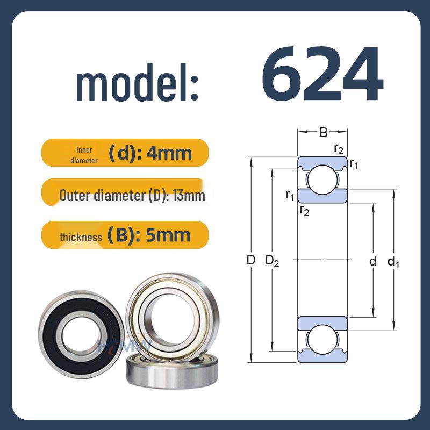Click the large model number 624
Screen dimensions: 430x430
pyautogui.click(x=322, y=73)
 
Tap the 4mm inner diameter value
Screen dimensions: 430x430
pyautogui.click(x=169, y=153)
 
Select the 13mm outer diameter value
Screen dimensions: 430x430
pyautogui.click(x=189, y=196)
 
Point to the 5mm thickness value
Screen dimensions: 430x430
pyautogui.click(x=168, y=235)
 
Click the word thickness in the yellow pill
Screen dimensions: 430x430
pyautogui.click(x=81, y=237)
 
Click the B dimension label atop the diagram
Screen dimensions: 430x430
pyautogui.click(x=324, y=132)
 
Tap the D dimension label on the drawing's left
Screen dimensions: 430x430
pyautogui.click(x=251, y=260)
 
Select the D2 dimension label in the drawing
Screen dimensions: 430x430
pyautogui.click(x=272, y=261)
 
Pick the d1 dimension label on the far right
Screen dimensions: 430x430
pyautogui.click(x=393, y=262)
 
